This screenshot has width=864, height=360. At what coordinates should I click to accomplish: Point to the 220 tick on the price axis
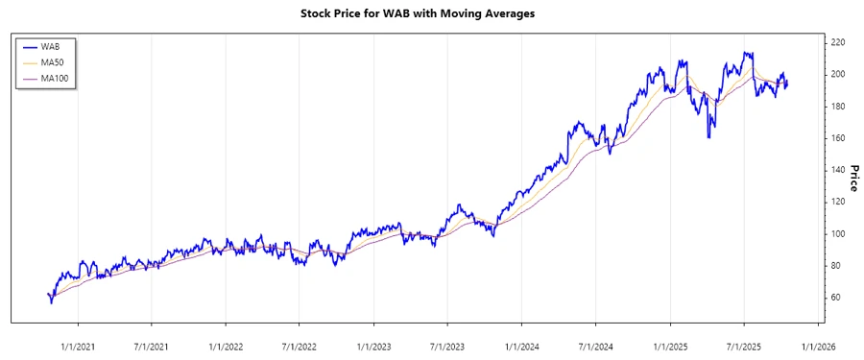(838, 42)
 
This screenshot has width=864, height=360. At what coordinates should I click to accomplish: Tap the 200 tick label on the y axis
(838, 74)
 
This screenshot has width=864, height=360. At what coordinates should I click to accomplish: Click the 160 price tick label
(838, 138)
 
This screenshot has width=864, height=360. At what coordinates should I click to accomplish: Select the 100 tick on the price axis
(838, 233)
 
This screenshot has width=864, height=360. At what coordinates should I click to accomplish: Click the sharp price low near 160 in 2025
(708, 137)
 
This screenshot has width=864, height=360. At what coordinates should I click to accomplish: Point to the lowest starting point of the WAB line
(51, 303)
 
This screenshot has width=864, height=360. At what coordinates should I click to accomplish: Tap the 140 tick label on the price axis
(838, 170)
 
